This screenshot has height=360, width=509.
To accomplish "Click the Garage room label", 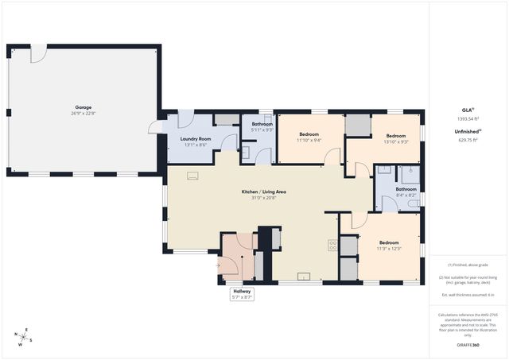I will pyautogui.click(x=83, y=107).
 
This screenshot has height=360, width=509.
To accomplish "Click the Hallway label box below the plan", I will pyautogui.click(x=242, y=293).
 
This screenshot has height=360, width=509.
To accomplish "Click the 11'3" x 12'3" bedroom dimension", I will pyautogui.click(x=388, y=249).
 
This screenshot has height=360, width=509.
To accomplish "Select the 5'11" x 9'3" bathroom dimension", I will pyautogui.click(x=262, y=130).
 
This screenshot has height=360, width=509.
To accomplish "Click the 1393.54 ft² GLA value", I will pyautogui.click(x=468, y=118).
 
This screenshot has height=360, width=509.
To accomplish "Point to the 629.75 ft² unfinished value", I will pyautogui.click(x=468, y=139).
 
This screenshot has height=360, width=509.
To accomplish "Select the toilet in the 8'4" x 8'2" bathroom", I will pyautogui.click(x=412, y=204).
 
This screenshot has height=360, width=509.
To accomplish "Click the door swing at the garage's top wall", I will pyautogui.click(x=37, y=56).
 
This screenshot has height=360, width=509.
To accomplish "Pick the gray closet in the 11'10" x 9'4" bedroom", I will pyautogui.click(x=359, y=125).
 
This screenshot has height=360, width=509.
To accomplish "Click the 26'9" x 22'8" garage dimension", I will pyautogui.click(x=83, y=113).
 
